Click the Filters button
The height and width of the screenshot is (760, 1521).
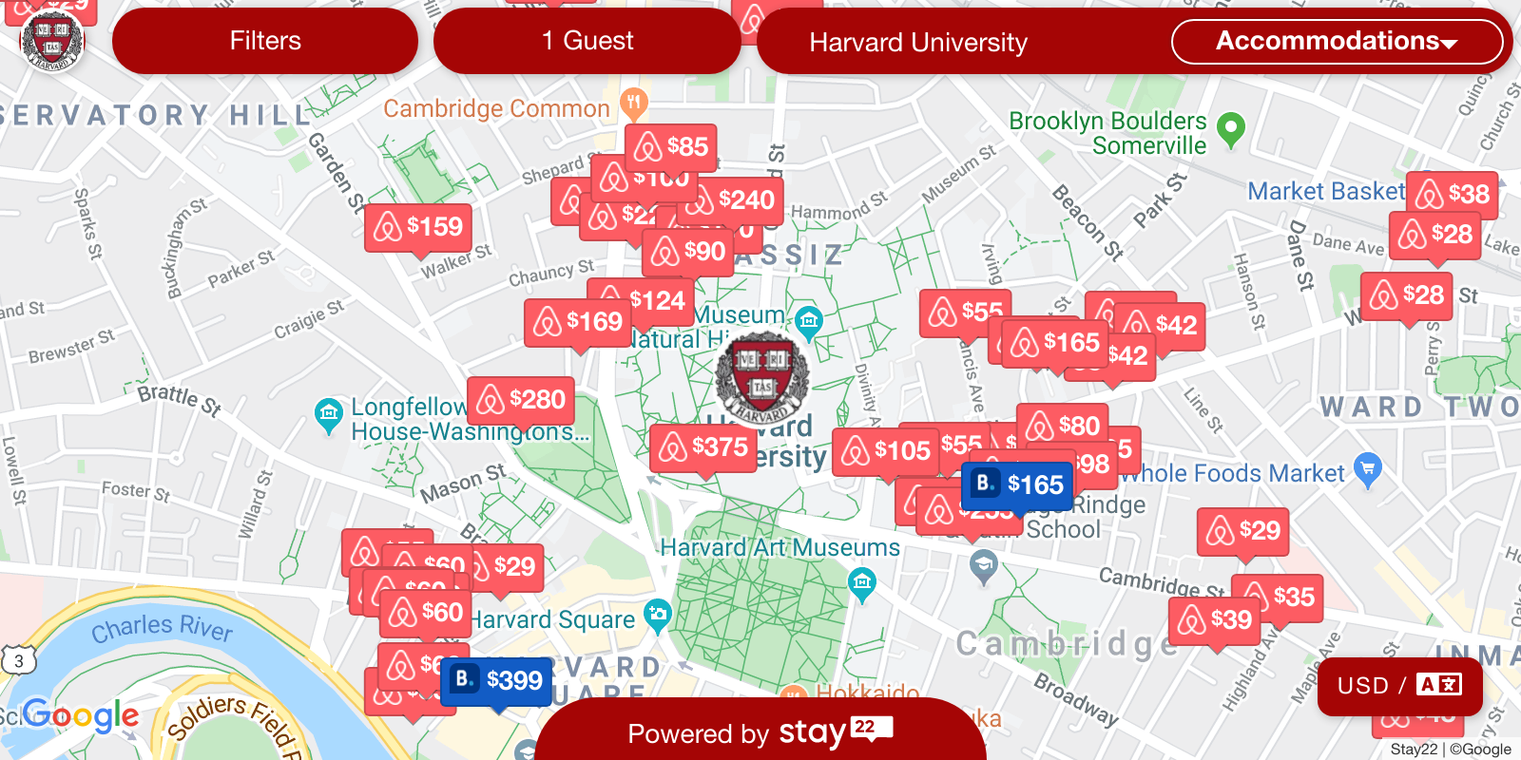[264, 41]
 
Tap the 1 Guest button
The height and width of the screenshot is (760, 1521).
[587, 41]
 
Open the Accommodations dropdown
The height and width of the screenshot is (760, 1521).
[1336, 41]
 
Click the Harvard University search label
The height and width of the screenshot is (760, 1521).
[918, 43]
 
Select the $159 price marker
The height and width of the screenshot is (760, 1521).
[418, 227]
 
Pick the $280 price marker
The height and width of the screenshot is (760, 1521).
[521, 400]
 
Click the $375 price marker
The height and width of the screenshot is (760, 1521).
[703, 446]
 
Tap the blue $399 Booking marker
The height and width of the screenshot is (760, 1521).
[497, 680]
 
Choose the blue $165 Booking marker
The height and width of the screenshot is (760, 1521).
[1018, 484]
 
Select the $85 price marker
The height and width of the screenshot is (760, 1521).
[671, 147]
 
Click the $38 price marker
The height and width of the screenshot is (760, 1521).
[1452, 195]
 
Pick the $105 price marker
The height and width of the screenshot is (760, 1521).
[886, 450]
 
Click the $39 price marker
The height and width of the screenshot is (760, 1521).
[1215, 620]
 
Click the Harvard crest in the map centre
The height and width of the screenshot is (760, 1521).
[762, 377]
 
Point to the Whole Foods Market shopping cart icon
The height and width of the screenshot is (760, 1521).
[1367, 468]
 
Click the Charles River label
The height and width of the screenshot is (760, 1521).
[162, 627]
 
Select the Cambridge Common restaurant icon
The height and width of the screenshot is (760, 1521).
[633, 102]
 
